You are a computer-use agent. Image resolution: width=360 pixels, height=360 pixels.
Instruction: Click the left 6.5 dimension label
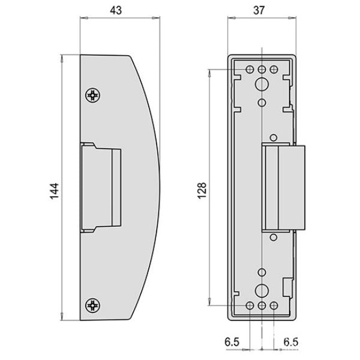[233, 342]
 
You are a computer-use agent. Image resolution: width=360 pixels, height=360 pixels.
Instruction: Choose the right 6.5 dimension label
[291, 342]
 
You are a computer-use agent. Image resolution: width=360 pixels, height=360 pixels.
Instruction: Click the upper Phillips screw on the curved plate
[92, 95]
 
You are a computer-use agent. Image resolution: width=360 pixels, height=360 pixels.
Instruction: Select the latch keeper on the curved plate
[101, 187]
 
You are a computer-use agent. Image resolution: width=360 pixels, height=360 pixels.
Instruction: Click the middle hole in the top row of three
[262, 70]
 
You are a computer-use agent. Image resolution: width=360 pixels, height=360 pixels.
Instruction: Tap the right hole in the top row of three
[274, 70]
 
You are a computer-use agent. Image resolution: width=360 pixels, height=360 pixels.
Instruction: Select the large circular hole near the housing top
[262, 85]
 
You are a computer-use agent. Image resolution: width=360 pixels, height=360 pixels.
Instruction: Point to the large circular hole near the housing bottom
[262, 291]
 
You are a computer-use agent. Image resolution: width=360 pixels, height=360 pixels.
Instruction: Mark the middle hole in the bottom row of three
[262, 306]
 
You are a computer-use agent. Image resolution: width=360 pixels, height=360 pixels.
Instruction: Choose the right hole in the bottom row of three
[274, 306]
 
